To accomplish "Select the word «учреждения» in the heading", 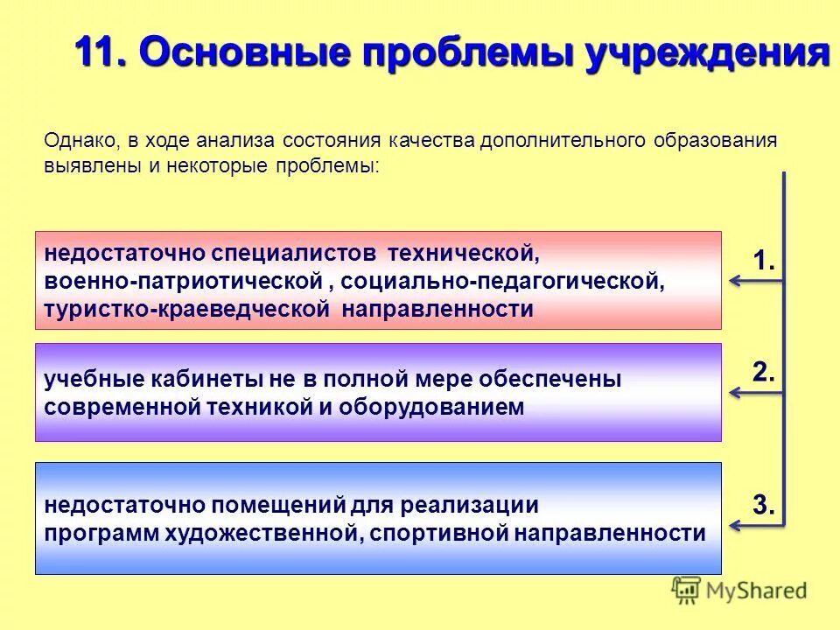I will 708,55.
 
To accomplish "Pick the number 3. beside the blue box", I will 765,505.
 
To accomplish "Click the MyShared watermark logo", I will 739,591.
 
